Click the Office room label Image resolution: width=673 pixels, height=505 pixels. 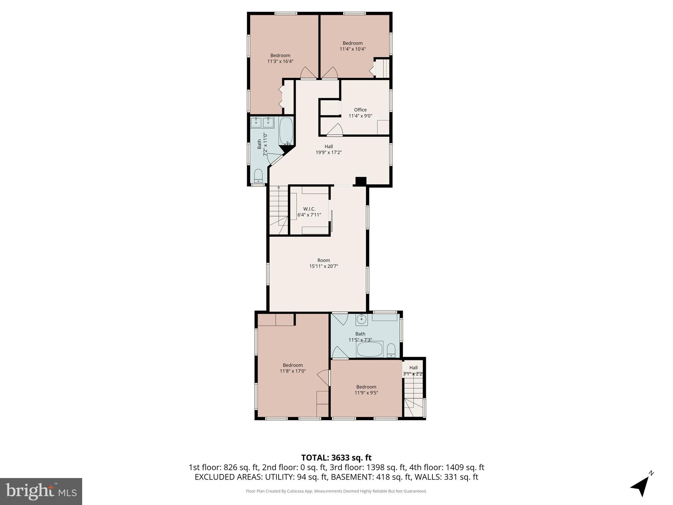(360, 110)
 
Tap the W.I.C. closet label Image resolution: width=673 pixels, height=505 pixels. (309, 209)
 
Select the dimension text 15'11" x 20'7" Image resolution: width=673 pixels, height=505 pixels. (323, 266)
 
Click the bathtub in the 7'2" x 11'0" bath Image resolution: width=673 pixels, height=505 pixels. (286, 131)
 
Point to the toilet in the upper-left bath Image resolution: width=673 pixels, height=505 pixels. (259, 176)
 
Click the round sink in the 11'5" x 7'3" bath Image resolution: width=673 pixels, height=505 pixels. (361, 319)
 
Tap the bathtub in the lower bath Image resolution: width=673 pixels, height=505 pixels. (370, 349)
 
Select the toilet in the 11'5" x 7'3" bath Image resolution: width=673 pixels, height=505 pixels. (391, 350)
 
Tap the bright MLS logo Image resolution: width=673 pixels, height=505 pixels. (41, 491)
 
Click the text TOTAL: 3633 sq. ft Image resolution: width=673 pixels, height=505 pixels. (336, 458)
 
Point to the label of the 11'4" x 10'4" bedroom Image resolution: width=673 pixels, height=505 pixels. (353, 43)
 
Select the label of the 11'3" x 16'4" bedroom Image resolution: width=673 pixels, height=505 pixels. (280, 56)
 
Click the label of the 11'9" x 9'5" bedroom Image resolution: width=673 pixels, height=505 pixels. (366, 387)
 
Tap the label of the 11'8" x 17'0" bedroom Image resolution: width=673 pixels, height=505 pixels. (292, 365)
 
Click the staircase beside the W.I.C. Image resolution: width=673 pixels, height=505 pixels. (278, 210)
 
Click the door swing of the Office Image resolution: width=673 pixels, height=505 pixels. (335, 130)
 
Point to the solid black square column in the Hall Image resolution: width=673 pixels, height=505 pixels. (361, 181)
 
